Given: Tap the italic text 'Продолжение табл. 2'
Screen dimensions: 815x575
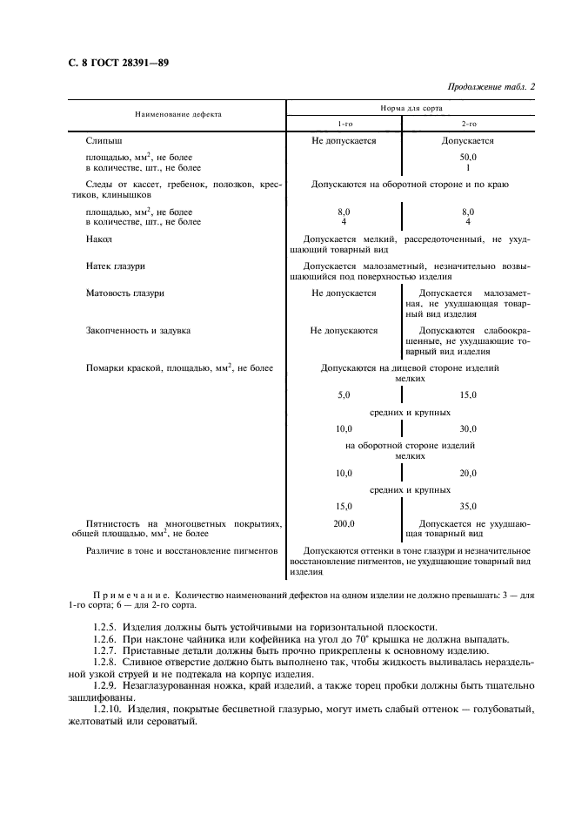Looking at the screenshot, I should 491,86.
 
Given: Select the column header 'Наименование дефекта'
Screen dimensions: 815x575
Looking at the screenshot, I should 177,114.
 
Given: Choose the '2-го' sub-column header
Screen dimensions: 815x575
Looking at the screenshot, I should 468,123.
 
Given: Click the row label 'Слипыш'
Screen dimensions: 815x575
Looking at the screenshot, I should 104,140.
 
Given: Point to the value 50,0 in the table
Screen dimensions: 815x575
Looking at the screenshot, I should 468,157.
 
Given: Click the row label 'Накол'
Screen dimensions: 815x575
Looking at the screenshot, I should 98,239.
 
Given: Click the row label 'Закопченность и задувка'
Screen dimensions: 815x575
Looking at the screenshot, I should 138,331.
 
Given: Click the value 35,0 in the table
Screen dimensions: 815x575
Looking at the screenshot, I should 468,506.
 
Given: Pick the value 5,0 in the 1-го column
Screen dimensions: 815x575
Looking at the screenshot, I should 344,395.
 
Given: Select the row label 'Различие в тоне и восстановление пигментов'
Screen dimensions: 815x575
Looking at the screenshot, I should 181,551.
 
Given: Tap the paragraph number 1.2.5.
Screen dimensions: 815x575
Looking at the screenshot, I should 105,627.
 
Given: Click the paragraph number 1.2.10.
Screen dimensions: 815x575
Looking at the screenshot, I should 109,710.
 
